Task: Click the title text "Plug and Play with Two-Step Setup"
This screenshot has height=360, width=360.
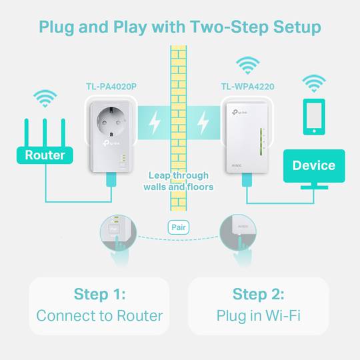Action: click(x=180, y=27)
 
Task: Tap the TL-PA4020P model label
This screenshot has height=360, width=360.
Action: click(x=111, y=86)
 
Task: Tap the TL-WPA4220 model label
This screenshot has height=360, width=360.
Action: click(x=247, y=86)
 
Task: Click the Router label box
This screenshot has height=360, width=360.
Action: click(x=45, y=155)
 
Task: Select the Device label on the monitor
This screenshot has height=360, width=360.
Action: click(x=313, y=165)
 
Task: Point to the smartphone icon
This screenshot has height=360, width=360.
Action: click(x=313, y=117)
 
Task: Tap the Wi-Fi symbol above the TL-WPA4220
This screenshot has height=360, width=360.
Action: click(x=248, y=66)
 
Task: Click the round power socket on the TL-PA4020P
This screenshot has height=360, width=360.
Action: click(x=111, y=125)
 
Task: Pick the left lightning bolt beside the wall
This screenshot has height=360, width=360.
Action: click(x=155, y=122)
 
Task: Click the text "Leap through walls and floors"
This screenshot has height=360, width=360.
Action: click(x=178, y=181)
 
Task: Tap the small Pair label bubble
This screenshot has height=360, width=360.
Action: click(x=178, y=227)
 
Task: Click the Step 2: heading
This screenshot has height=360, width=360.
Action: click(x=258, y=294)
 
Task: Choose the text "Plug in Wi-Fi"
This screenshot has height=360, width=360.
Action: click(x=258, y=315)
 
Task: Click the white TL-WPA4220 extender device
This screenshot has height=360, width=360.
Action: click(x=247, y=137)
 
